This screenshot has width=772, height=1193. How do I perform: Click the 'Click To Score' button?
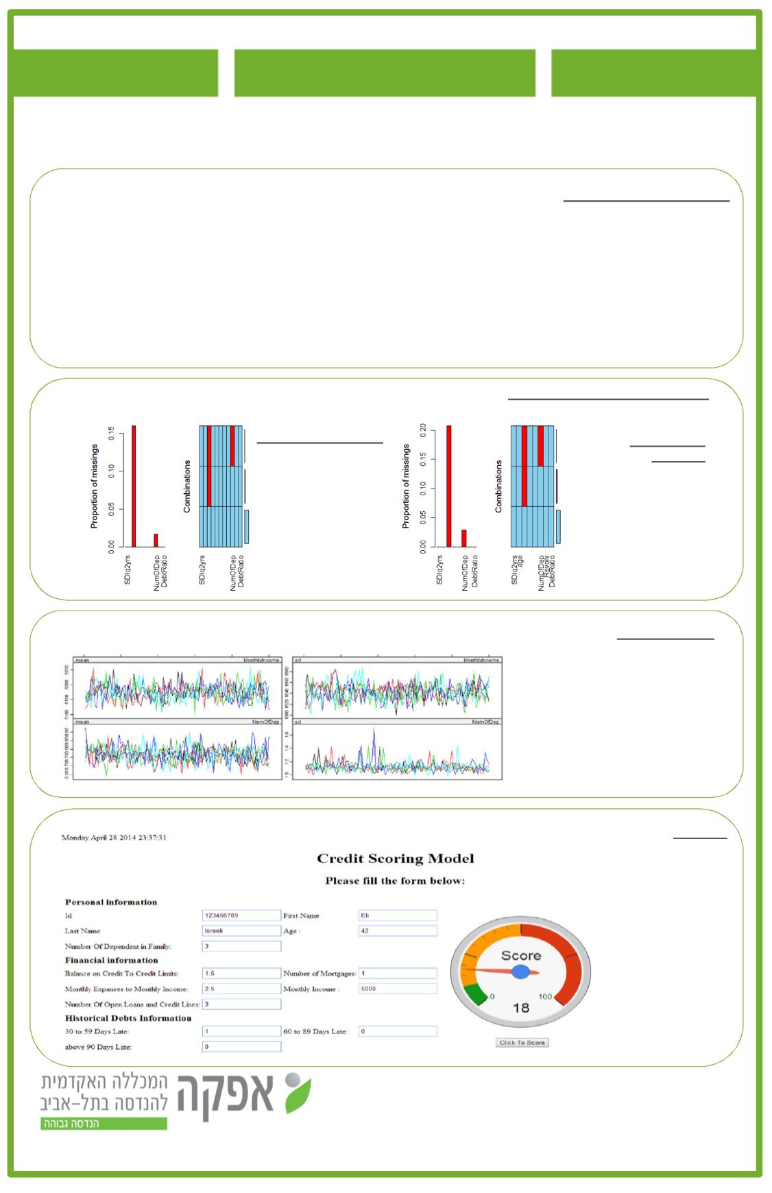522,1042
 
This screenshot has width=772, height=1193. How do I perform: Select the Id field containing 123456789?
241,915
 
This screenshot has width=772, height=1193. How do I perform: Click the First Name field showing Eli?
398,915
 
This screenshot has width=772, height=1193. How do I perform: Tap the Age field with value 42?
398,931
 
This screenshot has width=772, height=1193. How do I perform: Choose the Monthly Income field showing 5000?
398,989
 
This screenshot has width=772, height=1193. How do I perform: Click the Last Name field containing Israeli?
241,931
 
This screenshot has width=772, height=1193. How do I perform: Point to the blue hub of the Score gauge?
521,971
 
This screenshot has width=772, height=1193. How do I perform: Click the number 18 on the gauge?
521,1008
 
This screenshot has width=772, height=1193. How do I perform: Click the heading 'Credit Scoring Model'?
395,858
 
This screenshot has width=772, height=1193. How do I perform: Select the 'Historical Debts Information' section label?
128,1018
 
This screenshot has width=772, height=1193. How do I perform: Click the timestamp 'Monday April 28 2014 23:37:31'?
114,838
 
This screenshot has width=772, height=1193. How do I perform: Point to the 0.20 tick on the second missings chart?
424,430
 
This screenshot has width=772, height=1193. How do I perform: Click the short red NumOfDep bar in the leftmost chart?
156,540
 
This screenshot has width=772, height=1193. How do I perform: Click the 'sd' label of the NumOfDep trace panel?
298,722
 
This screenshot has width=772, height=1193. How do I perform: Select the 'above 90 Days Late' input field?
241,1047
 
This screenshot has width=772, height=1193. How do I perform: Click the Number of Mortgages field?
398,973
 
